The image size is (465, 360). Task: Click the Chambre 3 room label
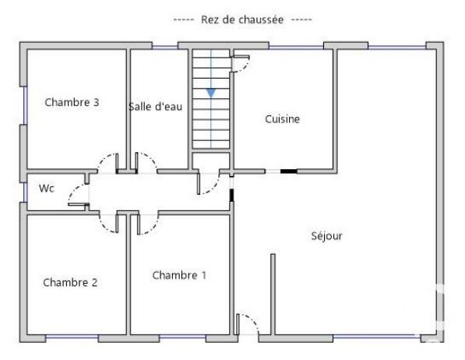pyautogui.click(x=72, y=102)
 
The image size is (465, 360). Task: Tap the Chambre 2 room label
pyautogui.click(x=70, y=282)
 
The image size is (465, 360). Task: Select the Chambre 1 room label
pyautogui.click(x=179, y=275)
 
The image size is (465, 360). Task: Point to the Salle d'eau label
pyautogui.click(x=156, y=107)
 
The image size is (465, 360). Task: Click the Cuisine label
pyautogui.click(x=282, y=119)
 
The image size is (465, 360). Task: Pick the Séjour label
pyautogui.click(x=327, y=236)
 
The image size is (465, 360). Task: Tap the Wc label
pyautogui.click(x=47, y=188)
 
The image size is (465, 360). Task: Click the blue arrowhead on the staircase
pyautogui.click(x=211, y=93)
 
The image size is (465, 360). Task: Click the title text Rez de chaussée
pyautogui.click(x=242, y=19)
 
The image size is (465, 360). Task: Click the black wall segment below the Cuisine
pyautogui.click(x=288, y=171)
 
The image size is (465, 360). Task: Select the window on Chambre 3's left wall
pyautogui.click(x=25, y=105)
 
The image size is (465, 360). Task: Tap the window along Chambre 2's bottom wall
pyautogui.click(x=72, y=337)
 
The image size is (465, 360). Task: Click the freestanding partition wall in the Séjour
pyautogui.click(x=273, y=294)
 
